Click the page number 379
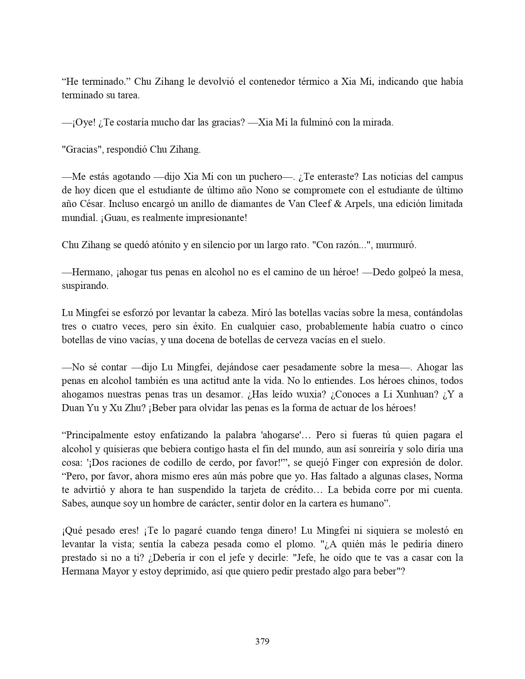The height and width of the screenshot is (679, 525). point(262,641)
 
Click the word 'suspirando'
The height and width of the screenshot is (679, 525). point(85,286)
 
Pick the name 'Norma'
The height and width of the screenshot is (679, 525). point(450,476)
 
